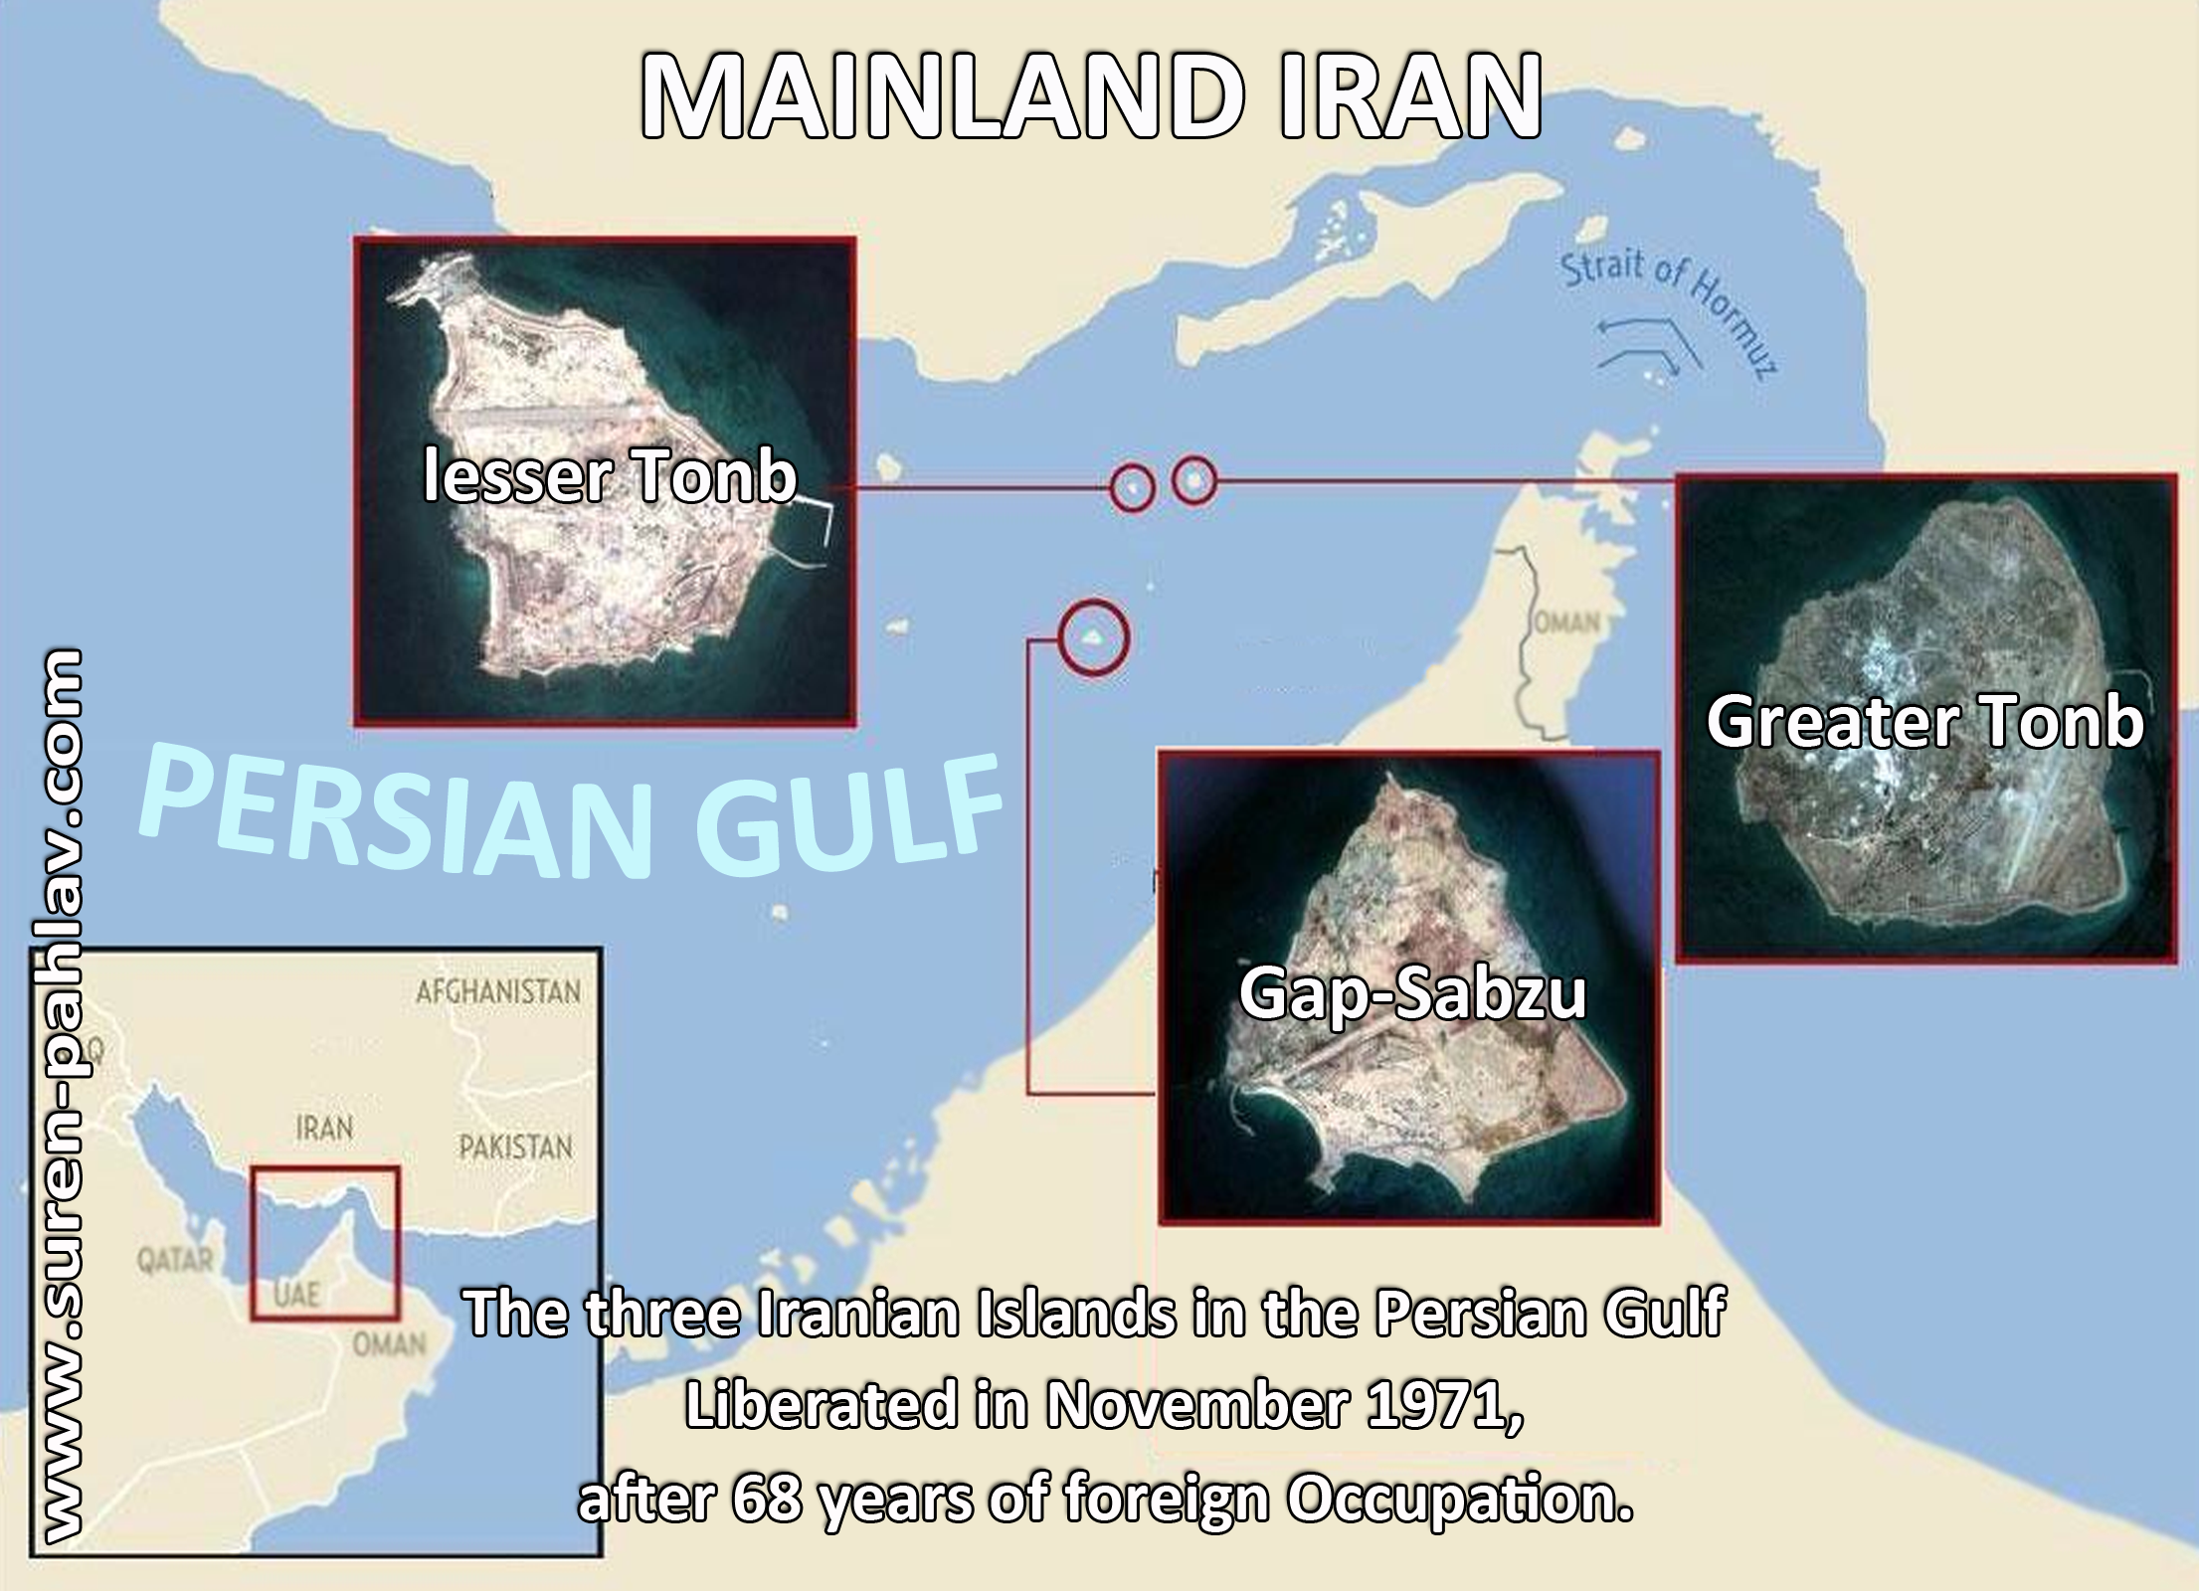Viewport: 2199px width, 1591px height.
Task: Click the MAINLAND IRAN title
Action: point(1090,97)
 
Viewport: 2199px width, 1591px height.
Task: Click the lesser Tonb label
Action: point(610,476)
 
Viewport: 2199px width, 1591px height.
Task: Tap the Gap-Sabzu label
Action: point(1411,992)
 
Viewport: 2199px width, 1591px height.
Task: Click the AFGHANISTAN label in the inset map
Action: point(497,991)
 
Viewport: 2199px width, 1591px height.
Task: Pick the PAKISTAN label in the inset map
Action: point(515,1148)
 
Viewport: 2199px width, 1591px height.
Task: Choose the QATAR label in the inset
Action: point(175,1261)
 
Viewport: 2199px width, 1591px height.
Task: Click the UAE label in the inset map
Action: point(295,1293)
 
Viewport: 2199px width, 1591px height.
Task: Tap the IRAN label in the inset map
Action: point(323,1129)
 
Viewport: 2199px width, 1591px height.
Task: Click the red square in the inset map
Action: point(325,1244)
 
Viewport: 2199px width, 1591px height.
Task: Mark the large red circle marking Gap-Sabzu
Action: point(1093,637)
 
